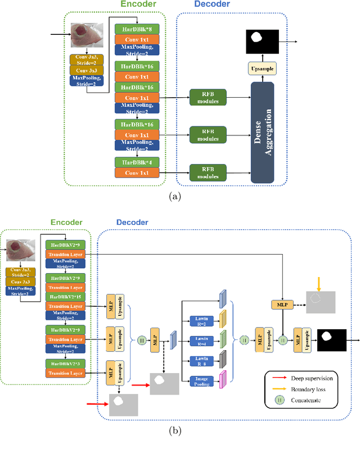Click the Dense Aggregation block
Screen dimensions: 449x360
(x=265, y=131)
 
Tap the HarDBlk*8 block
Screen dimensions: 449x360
(x=137, y=28)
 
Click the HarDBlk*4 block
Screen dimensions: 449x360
(x=137, y=162)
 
